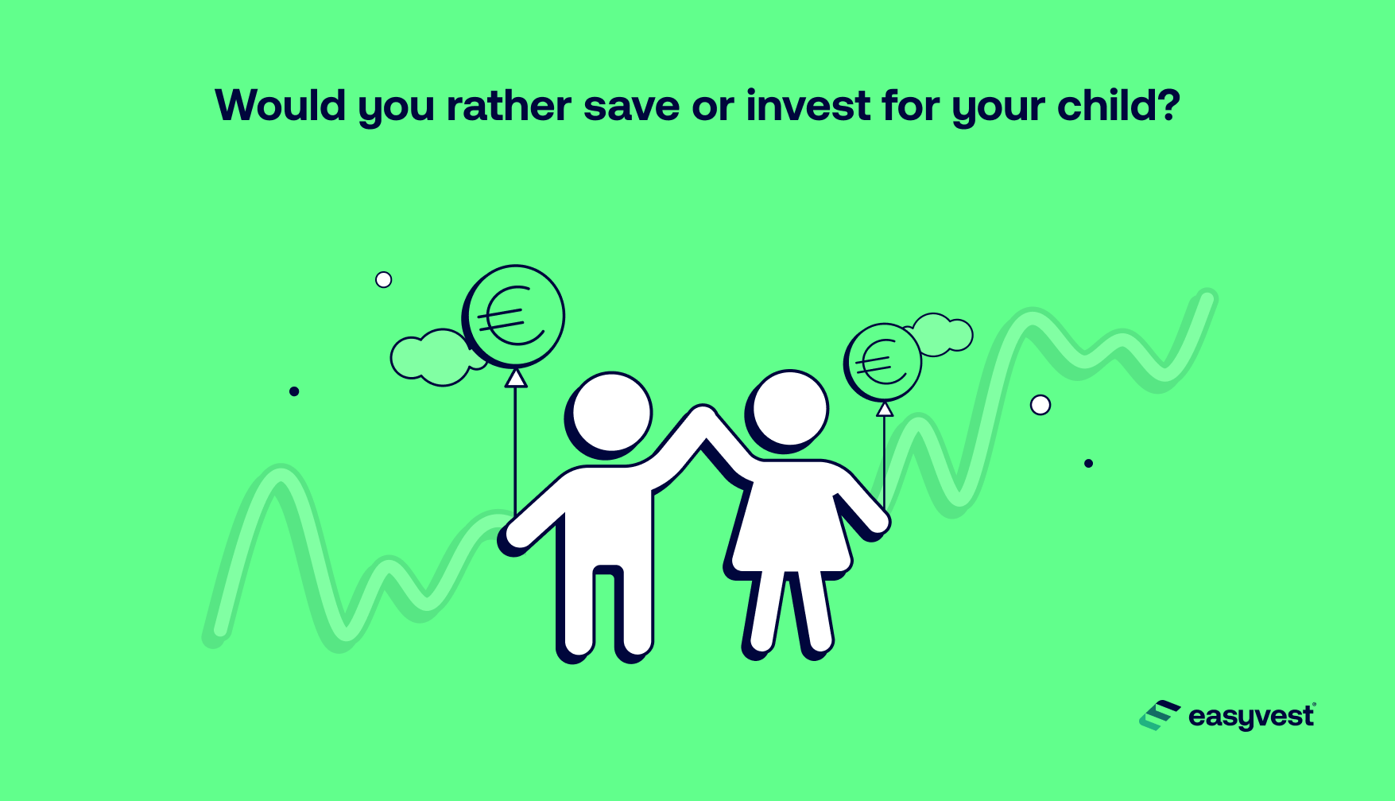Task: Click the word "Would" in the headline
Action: click(281, 106)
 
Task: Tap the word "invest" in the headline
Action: click(808, 106)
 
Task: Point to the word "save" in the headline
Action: click(631, 106)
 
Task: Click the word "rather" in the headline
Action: click(509, 106)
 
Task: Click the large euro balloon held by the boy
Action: click(513, 316)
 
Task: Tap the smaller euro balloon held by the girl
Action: click(882, 363)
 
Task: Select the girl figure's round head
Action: click(789, 410)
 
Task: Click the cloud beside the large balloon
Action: click(433, 356)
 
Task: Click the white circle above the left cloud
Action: click(383, 280)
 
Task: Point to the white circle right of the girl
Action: click(1040, 405)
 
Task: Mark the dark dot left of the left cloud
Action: click(294, 391)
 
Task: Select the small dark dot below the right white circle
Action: click(1088, 463)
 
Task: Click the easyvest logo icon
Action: click(1159, 716)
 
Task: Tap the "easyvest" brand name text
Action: click(1250, 717)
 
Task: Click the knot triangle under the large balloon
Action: click(516, 378)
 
